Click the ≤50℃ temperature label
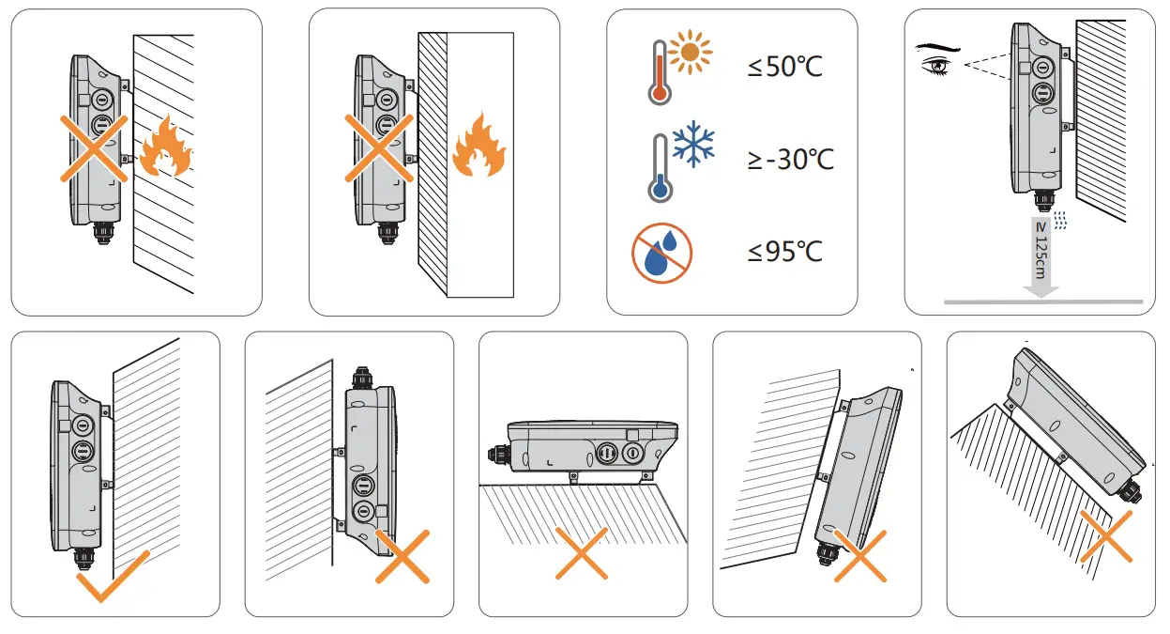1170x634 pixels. (784, 68)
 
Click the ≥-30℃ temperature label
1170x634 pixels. (790, 160)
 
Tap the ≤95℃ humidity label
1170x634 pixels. (784, 252)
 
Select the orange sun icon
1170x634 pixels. (691, 53)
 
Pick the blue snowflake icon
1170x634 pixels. (692, 144)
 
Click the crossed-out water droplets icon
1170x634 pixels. (661, 252)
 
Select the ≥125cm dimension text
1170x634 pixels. (1039, 249)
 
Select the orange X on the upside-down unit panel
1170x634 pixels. (403, 556)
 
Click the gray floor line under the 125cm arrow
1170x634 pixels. (1041, 302)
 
